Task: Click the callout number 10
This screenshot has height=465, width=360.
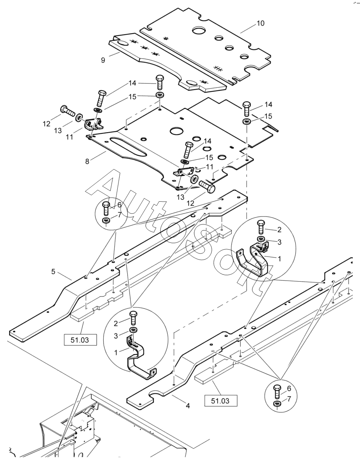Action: coord(260,23)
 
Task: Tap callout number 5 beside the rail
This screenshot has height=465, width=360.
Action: coord(53,272)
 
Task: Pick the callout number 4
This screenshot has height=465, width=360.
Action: coord(187,406)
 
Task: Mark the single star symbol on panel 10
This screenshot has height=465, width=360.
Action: coord(166,38)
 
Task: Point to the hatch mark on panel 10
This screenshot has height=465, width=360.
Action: coord(218,68)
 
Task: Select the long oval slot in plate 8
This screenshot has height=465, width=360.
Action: coord(128,147)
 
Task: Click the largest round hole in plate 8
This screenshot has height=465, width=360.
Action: coord(177,131)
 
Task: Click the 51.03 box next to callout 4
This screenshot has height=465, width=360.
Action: coord(221,401)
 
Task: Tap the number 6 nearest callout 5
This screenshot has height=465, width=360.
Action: coord(119,205)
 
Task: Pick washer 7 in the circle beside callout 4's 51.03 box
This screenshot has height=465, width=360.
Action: coord(277,404)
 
